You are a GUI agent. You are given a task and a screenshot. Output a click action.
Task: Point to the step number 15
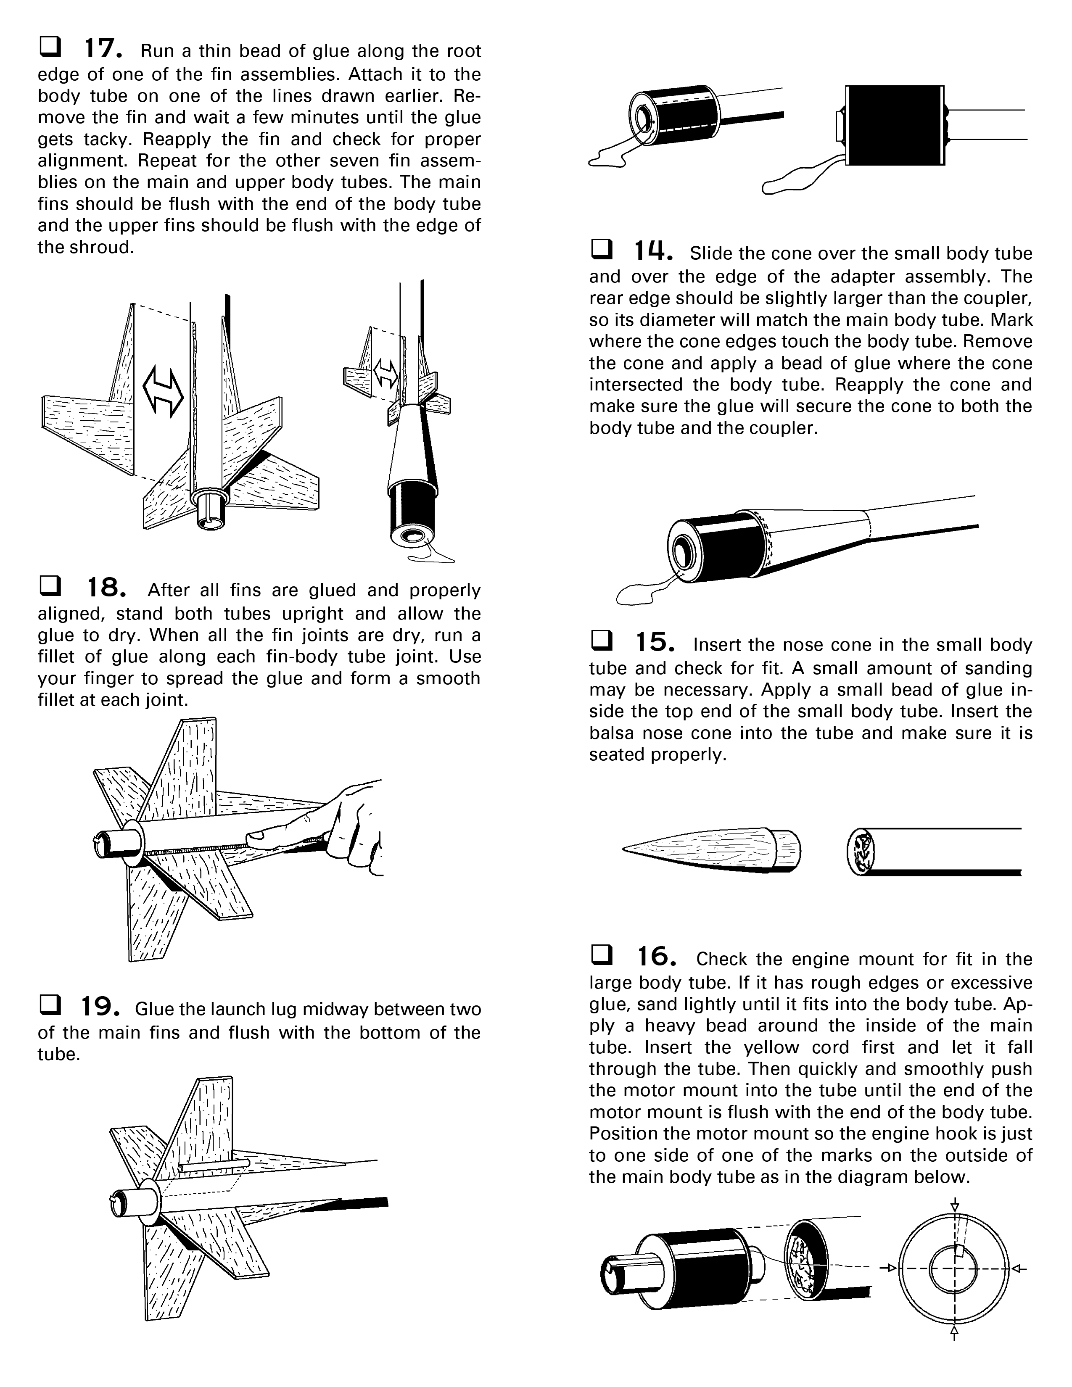pyautogui.click(x=655, y=642)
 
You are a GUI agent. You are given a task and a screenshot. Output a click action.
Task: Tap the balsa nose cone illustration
pyautogui.click(x=711, y=849)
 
